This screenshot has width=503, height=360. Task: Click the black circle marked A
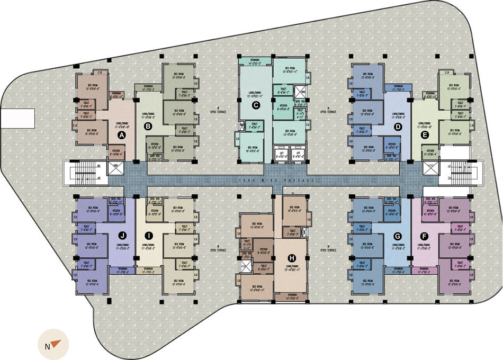[121, 136]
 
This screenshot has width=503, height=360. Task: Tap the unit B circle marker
[148, 126]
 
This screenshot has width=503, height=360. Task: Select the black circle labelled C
[256, 106]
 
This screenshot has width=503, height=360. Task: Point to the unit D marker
[398, 127]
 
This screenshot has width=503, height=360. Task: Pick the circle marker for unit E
[424, 136]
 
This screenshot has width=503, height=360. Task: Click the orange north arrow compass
[52, 345]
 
